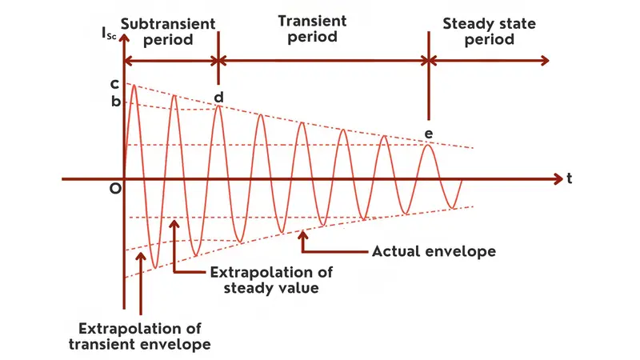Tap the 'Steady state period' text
point(478,31)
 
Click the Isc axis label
point(110,34)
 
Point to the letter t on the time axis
point(569,179)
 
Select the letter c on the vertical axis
point(115,83)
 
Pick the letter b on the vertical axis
point(115,102)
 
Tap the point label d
point(218,97)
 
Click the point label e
point(429,133)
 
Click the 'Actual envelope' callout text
point(434,251)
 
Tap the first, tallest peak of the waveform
point(134,85)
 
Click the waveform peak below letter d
point(218,107)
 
